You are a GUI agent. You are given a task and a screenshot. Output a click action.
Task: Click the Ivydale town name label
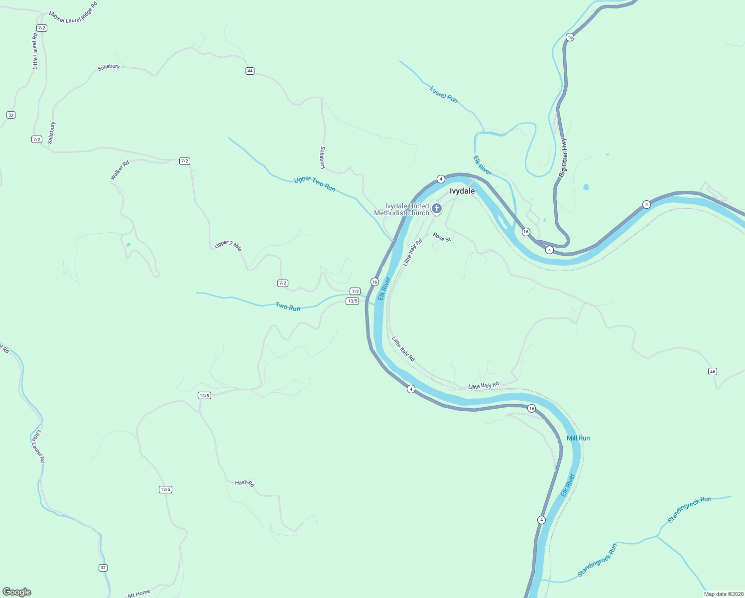click(x=462, y=191)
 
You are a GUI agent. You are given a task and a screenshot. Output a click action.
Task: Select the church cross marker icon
click(x=437, y=208)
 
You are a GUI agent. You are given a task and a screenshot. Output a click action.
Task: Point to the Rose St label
click(x=442, y=237)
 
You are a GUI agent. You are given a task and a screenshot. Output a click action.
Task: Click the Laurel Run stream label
click(x=444, y=94)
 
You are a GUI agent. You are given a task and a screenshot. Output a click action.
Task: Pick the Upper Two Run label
click(x=315, y=184)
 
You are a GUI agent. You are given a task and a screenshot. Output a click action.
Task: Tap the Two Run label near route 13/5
click(x=288, y=307)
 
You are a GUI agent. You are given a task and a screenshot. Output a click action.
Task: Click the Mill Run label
click(x=578, y=438)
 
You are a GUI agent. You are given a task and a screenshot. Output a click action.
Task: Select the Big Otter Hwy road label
click(x=563, y=157)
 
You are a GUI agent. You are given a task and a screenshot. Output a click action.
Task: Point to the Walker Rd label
click(x=120, y=170)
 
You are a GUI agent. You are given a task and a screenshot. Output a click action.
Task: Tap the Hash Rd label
click(x=245, y=483)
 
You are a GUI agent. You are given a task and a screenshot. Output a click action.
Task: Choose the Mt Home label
click(x=139, y=594)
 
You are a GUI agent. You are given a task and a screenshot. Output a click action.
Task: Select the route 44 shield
click(x=250, y=71)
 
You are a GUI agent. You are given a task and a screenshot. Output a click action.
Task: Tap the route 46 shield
click(x=713, y=371)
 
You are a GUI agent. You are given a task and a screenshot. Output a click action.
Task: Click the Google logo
click(x=17, y=592)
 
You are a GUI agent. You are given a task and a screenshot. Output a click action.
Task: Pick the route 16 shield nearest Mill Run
click(x=531, y=409)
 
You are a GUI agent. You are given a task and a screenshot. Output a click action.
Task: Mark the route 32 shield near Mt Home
click(x=103, y=568)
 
